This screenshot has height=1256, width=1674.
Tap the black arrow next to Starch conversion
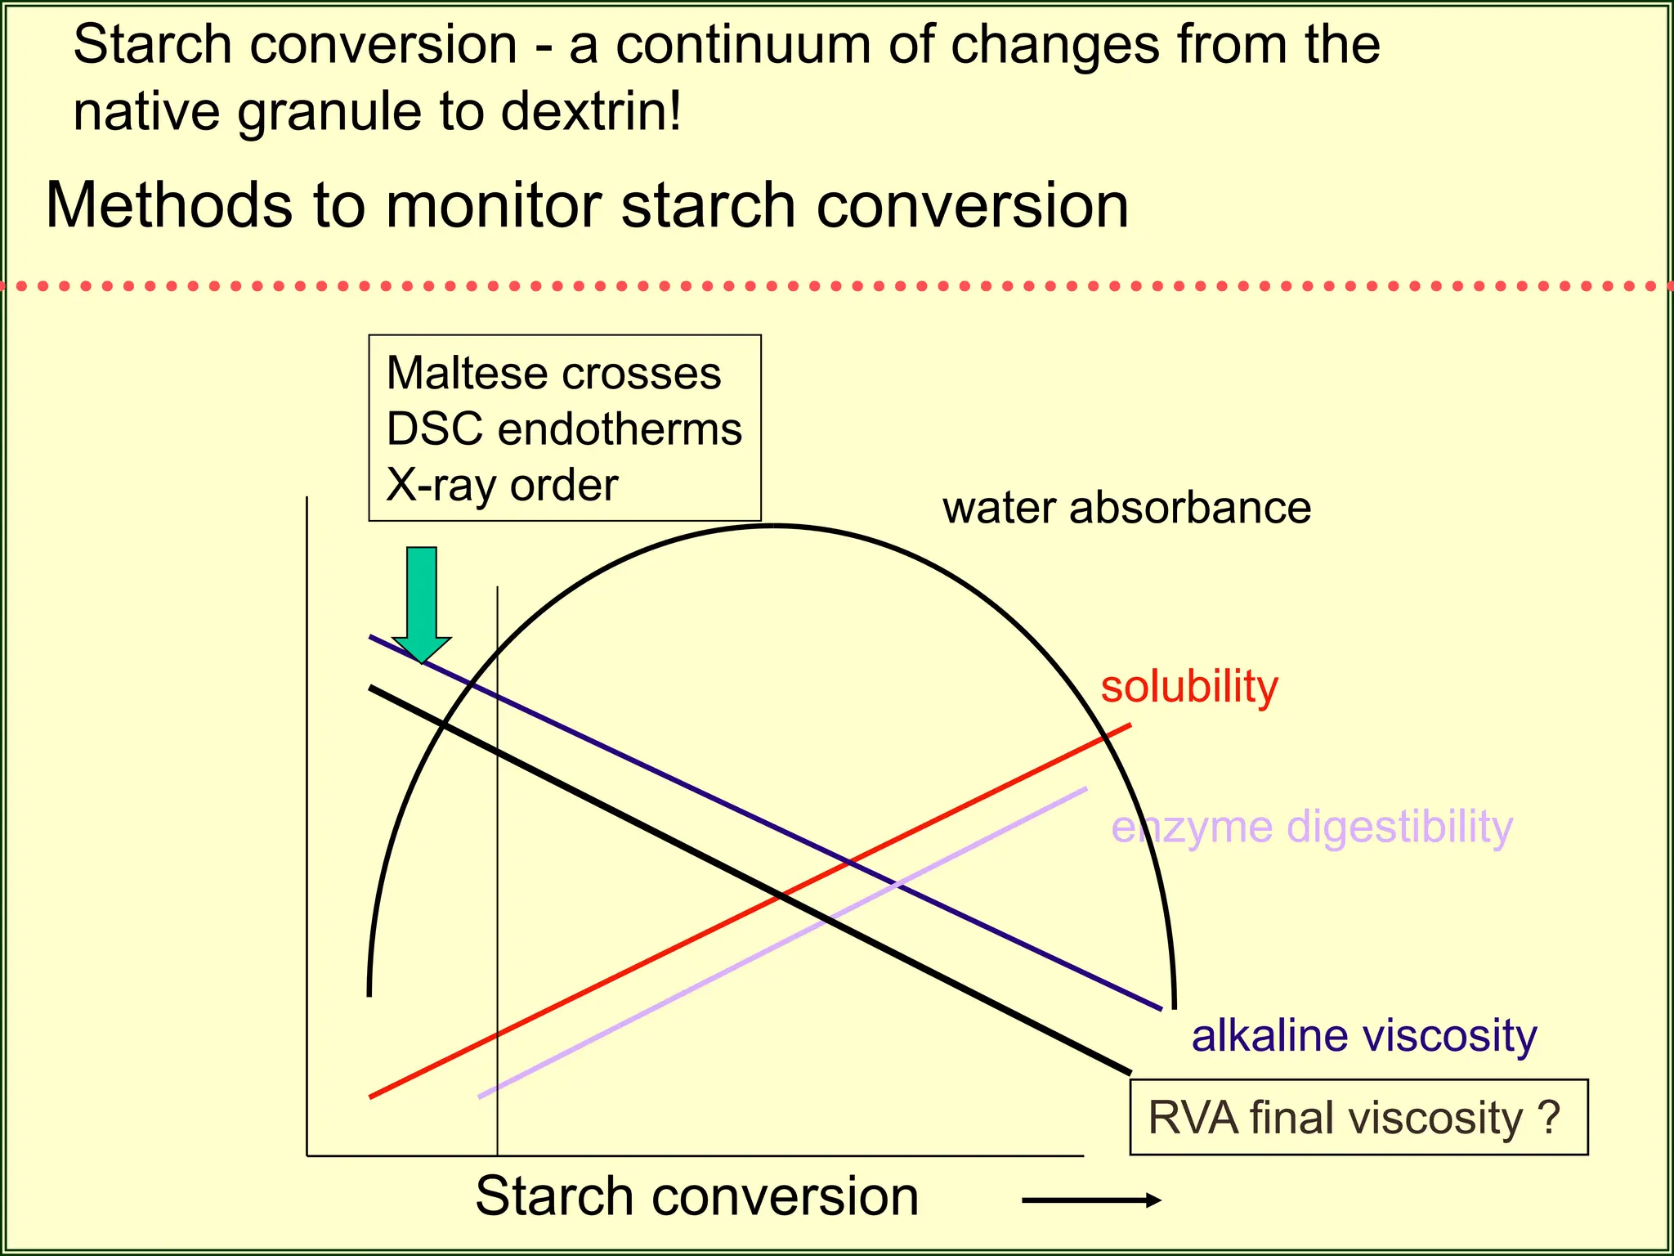pyautogui.click(x=1091, y=1200)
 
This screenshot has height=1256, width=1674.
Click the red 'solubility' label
pyautogui.click(x=1188, y=686)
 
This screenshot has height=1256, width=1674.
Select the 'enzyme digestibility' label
pyautogui.click(x=1312, y=827)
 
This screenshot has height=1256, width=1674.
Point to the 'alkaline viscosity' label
pyautogui.click(x=1363, y=1035)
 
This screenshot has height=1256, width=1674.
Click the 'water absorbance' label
pyautogui.click(x=1126, y=508)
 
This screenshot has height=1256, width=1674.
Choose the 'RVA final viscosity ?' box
pyautogui.click(x=1358, y=1117)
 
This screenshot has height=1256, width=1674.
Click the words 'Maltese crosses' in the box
pyautogui.click(x=553, y=373)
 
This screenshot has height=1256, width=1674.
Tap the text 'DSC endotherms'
pyautogui.click(x=564, y=428)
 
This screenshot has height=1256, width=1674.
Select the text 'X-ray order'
pyautogui.click(x=502, y=485)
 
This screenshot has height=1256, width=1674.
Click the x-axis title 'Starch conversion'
pyautogui.click(x=696, y=1196)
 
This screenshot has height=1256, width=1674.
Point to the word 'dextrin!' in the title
pyautogui.click(x=590, y=111)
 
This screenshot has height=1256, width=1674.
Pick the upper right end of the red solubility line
pyautogui.click(x=1129, y=725)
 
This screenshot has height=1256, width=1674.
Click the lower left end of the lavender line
pyautogui.click(x=481, y=1096)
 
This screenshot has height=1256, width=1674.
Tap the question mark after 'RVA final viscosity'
pyautogui.click(x=1548, y=1117)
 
